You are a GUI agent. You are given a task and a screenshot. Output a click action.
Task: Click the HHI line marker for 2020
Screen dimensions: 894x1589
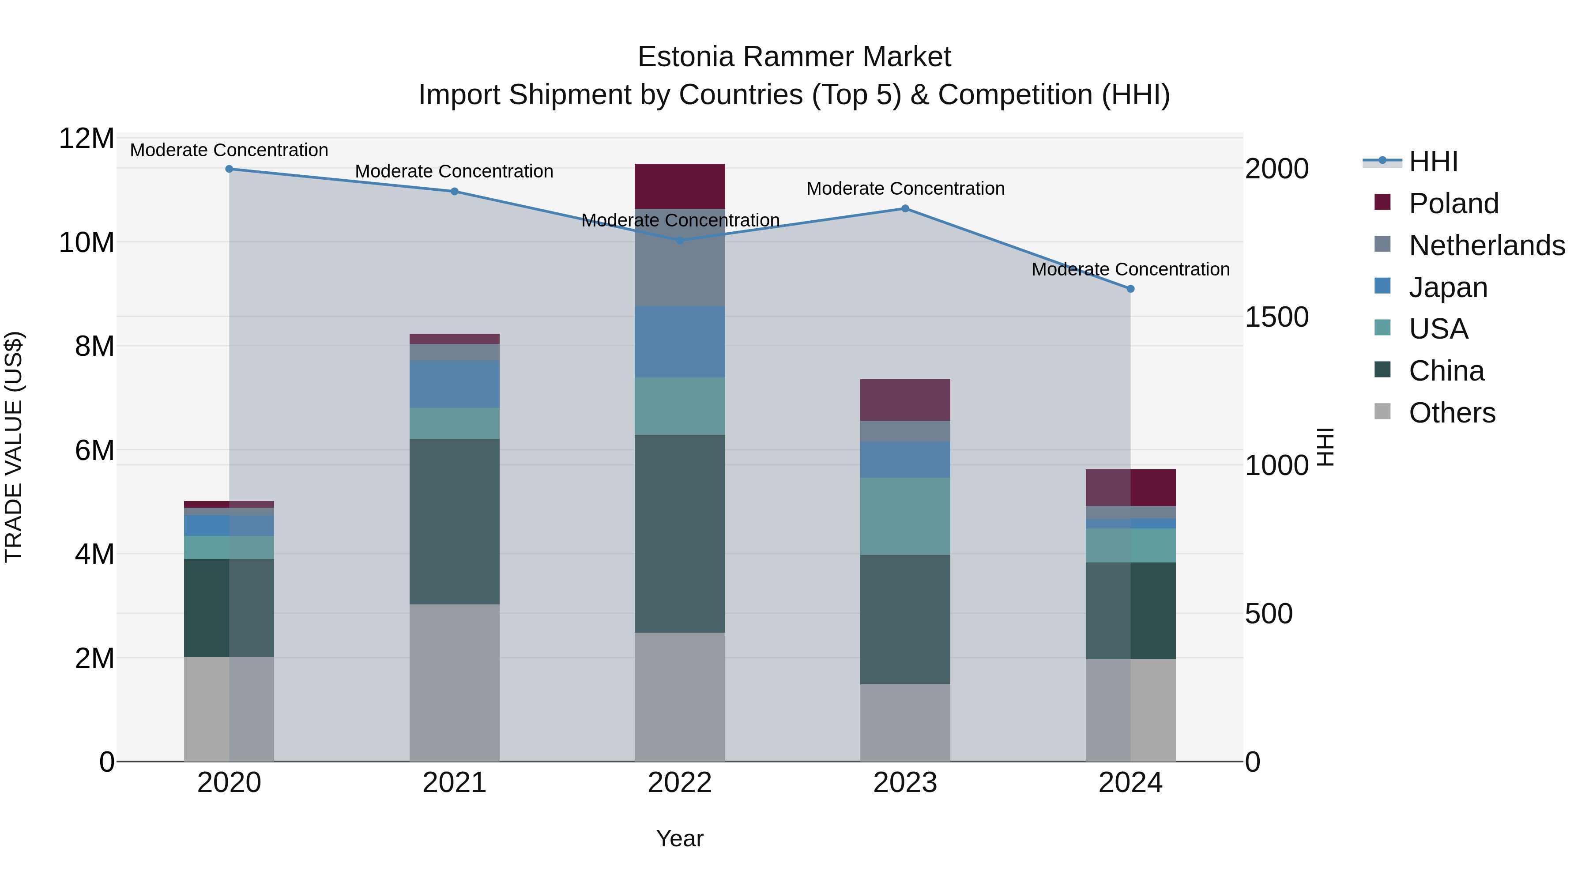pos(229,169)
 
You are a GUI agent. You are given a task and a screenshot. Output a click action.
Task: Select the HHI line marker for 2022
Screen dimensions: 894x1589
pos(680,240)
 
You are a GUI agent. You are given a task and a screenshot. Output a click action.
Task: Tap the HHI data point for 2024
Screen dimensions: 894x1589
pos(1130,289)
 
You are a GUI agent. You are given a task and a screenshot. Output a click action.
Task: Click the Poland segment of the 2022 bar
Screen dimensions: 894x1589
pos(680,186)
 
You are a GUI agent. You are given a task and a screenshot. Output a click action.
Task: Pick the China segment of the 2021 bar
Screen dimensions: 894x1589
pos(454,521)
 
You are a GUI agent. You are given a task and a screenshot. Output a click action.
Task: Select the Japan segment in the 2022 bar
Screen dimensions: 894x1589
pos(680,342)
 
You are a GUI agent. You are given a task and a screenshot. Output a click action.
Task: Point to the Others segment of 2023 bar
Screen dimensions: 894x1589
pos(905,722)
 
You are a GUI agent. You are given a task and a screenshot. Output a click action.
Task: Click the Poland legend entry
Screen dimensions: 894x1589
pos(1453,204)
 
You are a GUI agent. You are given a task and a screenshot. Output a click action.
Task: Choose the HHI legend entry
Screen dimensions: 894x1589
pos(1433,162)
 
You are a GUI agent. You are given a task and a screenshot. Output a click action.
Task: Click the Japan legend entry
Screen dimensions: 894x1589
pos(1448,287)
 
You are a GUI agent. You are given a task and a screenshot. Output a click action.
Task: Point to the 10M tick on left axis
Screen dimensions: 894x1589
pos(87,242)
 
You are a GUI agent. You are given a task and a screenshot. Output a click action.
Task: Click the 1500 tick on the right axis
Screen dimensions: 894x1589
pos(1276,317)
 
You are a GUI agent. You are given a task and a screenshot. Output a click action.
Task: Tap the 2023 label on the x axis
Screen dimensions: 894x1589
pos(905,783)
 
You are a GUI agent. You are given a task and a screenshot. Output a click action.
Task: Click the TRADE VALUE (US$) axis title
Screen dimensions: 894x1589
pos(14,447)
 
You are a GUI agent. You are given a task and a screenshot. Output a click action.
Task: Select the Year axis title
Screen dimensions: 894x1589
pos(680,838)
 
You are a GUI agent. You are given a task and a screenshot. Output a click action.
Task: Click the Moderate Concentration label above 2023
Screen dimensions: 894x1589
pos(905,188)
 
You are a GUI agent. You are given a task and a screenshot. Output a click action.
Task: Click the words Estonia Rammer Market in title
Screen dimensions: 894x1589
pos(794,57)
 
